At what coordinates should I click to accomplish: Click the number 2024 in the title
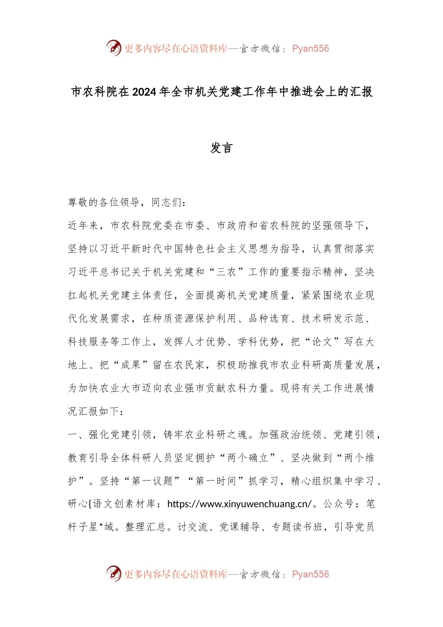pyautogui.click(x=144, y=92)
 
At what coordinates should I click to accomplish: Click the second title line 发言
pyautogui.click(x=221, y=148)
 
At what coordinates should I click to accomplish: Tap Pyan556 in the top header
pyautogui.click(x=311, y=49)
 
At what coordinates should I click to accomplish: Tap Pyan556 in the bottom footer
pyautogui.click(x=311, y=574)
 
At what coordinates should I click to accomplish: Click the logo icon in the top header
pyautogui.click(x=113, y=48)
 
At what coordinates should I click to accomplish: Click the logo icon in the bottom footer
pyautogui.click(x=113, y=574)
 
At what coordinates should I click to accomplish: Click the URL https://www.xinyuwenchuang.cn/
pyautogui.click(x=239, y=504)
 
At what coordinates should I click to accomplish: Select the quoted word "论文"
pyautogui.click(x=322, y=342)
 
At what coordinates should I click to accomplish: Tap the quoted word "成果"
pyautogui.click(x=131, y=365)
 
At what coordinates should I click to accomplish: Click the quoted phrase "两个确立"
pyautogui.click(x=248, y=458)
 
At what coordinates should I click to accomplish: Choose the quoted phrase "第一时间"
pyautogui.click(x=216, y=481)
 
